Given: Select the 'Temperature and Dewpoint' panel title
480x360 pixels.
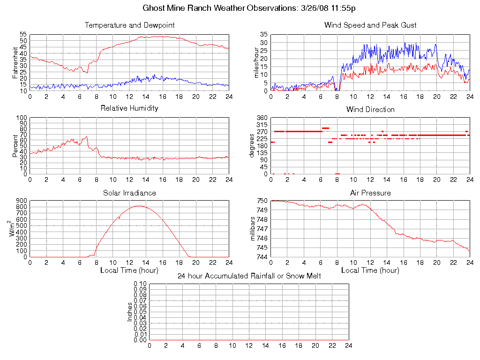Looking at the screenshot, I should click(129, 25).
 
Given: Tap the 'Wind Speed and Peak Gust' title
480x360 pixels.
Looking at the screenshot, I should click(370, 25).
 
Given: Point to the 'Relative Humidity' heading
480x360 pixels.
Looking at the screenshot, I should click(129, 108).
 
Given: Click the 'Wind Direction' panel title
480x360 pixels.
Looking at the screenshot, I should click(370, 110).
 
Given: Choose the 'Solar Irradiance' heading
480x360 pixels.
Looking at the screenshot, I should click(129, 193).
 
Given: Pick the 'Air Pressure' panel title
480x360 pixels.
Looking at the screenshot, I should click(370, 193).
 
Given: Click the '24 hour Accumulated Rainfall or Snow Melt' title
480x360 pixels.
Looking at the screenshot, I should click(249, 276).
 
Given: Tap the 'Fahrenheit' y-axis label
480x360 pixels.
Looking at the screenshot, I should click(15, 62).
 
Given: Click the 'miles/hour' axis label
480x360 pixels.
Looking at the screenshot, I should click(256, 62).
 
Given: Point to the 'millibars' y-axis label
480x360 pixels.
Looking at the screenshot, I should click(253, 229).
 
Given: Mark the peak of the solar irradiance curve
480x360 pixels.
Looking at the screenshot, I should click(139, 206).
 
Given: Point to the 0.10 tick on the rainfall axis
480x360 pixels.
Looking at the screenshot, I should click(140, 284).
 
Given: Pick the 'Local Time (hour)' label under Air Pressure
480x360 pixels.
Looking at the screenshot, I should click(370, 270).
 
